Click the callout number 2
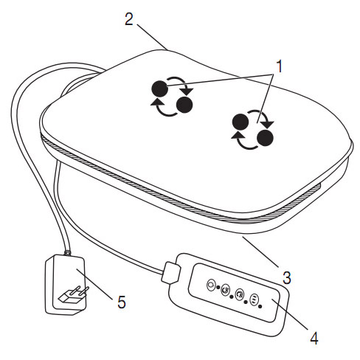(x=129, y=19)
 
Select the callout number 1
(x=279, y=66)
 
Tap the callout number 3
(x=287, y=278)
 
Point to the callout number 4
(x=314, y=338)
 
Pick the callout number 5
(x=122, y=302)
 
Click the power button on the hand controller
(x=211, y=285)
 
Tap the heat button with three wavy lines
(x=254, y=300)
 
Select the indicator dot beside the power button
(x=218, y=287)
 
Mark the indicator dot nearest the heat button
(x=260, y=306)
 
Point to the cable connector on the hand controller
(x=170, y=272)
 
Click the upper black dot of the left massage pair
(x=160, y=89)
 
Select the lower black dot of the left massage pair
(x=184, y=105)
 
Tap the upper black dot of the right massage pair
(x=240, y=122)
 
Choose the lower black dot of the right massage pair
(x=265, y=138)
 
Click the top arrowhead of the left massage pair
(x=188, y=91)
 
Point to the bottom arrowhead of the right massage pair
(x=237, y=135)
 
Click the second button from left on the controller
(x=226, y=290)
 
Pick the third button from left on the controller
(x=240, y=294)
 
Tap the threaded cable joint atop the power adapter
(x=67, y=252)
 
